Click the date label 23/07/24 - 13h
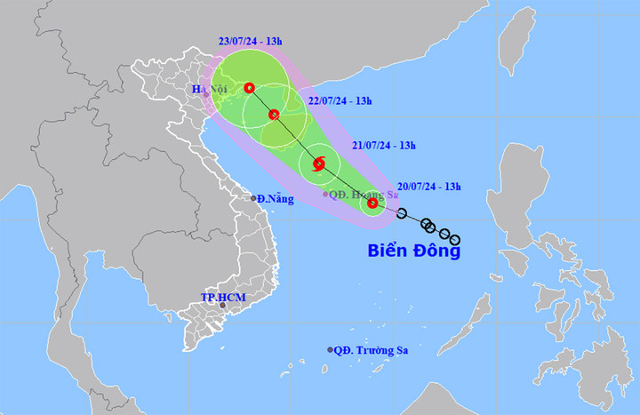pos(251,41)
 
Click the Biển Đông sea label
pos(414,251)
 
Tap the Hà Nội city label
pos(211,89)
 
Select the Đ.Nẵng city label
pos(276,199)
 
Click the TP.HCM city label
pos(222,296)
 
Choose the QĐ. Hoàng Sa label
pos(359,194)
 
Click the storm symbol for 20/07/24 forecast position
pos(372,204)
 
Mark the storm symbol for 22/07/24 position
pos(274,114)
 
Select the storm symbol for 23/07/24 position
pos(250,87)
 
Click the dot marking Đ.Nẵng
pos(253,199)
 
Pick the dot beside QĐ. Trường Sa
pos(330,350)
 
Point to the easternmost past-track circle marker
pos(455,239)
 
